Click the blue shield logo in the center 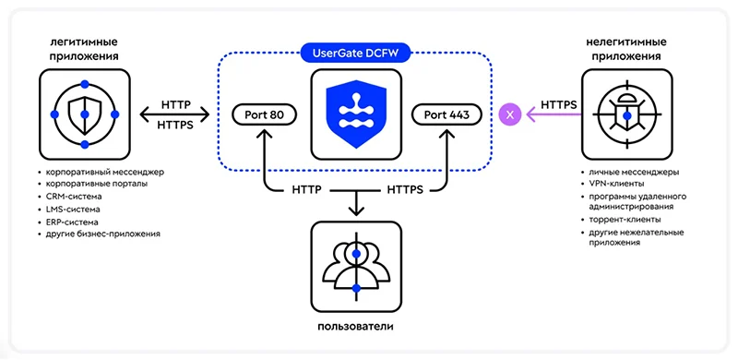point(355,114)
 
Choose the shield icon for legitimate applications point(84,114)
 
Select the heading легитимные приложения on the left point(84,50)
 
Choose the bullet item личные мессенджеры point(633,173)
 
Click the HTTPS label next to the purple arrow point(560,104)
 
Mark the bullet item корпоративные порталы point(96,185)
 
